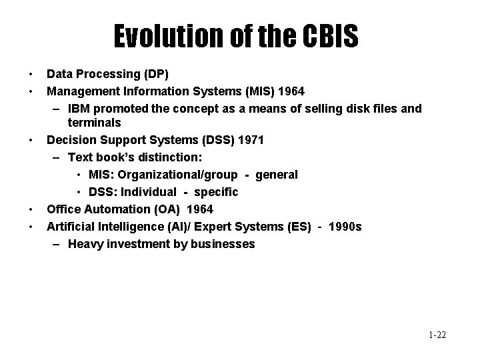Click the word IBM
click(x=79, y=108)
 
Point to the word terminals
click(x=94, y=123)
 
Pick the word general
click(x=275, y=175)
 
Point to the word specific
click(x=216, y=192)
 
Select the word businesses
click(x=223, y=244)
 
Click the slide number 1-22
click(x=437, y=335)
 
